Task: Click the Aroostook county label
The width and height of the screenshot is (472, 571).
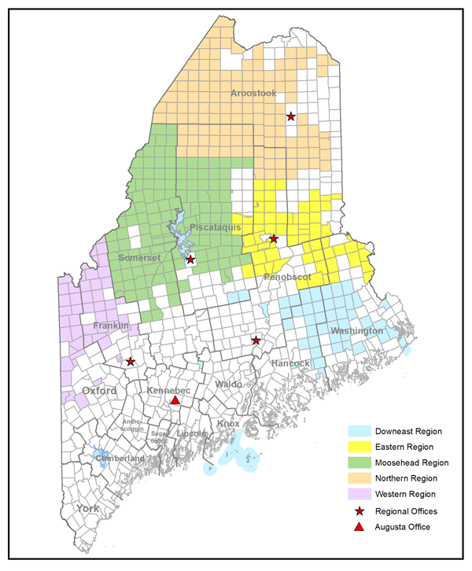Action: (x=253, y=94)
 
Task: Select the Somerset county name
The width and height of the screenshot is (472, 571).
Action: (x=140, y=258)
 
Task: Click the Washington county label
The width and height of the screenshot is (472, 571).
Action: (x=356, y=331)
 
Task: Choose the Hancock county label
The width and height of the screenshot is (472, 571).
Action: (x=290, y=363)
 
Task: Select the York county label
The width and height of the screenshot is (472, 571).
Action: (x=87, y=509)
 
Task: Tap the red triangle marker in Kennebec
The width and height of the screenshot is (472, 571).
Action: (x=175, y=400)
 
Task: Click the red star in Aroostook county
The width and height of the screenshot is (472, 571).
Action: (x=291, y=116)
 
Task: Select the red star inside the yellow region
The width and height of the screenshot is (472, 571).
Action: (x=274, y=238)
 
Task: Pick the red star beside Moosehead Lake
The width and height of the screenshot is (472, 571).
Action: (x=190, y=259)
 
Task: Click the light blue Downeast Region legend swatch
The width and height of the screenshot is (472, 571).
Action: (x=360, y=431)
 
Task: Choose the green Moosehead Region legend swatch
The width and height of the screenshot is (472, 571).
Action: (x=360, y=462)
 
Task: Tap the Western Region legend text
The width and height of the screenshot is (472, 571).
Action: (x=408, y=494)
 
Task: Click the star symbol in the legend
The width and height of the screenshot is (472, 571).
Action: (x=360, y=511)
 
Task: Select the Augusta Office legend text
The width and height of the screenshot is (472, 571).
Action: (x=403, y=527)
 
